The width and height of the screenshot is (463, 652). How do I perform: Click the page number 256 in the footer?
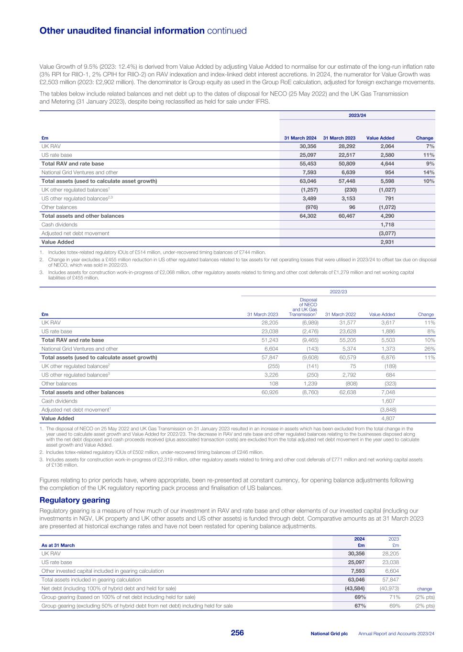coord(237,633)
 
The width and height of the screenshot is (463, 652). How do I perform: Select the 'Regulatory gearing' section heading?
coord(75,500)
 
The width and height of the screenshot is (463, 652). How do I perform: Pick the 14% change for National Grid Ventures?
coord(428,172)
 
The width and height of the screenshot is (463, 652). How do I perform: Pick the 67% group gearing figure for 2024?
coord(360,606)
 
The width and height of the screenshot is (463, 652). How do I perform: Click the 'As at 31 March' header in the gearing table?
coord(58,545)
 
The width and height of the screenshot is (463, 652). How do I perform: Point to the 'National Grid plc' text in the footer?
coord(329,633)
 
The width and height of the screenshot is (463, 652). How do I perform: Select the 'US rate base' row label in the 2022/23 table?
coord(56,331)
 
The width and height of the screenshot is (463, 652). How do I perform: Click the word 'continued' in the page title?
coord(227,31)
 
